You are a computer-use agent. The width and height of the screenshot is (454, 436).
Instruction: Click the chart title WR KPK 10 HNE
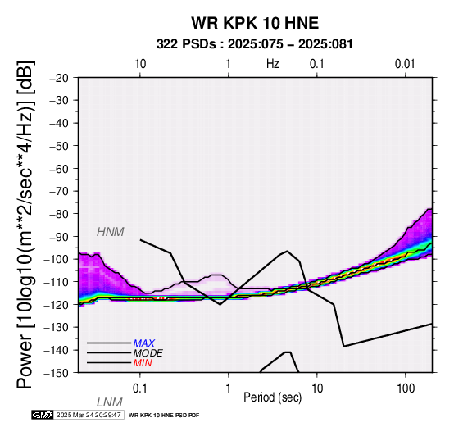tap(255, 23)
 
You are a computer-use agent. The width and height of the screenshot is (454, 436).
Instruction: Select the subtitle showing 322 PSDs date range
tap(255, 44)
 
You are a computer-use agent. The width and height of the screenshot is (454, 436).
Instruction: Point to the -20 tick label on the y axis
tap(59, 78)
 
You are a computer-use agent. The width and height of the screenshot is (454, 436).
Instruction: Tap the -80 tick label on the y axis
tap(59, 214)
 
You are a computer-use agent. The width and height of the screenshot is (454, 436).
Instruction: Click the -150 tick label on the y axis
tap(57, 373)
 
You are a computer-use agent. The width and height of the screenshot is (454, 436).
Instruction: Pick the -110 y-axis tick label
tap(57, 282)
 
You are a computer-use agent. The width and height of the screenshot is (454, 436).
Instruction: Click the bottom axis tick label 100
tap(406, 388)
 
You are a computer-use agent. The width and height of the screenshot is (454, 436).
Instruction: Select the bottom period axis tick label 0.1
tap(140, 388)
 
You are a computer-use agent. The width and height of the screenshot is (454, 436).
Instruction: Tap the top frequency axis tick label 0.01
tap(405, 64)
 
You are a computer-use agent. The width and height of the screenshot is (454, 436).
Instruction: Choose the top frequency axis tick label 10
tap(140, 64)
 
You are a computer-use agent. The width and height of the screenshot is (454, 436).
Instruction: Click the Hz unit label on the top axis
tap(273, 64)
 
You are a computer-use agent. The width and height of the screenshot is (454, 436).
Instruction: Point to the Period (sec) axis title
tap(272, 397)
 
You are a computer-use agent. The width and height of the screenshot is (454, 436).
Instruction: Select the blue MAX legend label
tap(144, 343)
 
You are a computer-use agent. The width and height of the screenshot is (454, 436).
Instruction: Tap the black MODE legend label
tap(148, 353)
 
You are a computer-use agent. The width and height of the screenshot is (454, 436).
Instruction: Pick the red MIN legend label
tap(143, 363)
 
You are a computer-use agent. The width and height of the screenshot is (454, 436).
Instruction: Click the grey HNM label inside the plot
tap(111, 232)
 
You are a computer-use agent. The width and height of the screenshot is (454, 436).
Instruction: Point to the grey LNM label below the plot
tap(110, 402)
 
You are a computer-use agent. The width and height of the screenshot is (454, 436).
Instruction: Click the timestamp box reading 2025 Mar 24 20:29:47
tap(89, 415)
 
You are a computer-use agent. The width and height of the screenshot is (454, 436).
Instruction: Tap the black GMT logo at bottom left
tap(43, 415)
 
